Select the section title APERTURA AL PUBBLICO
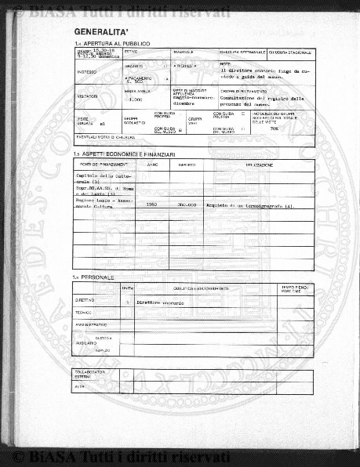pyautogui.click(x=115, y=43)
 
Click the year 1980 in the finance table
pyautogui.click(x=152, y=205)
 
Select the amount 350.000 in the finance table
pyautogui.click(x=187, y=205)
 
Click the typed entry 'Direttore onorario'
pyautogui.click(x=160, y=302)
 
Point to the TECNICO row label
pyautogui.click(x=84, y=312)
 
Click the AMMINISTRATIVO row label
pyautogui.click(x=91, y=324)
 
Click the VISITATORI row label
pyautogui.click(x=87, y=96)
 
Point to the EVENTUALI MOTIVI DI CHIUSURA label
pyautogui.click(x=106, y=137)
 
